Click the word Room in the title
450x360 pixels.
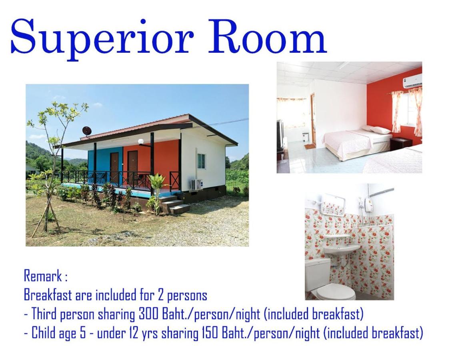tap(268, 36)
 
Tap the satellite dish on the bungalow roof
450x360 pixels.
tap(87, 131)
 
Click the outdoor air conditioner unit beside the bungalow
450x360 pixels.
tap(196, 184)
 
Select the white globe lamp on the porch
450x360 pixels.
tap(141, 142)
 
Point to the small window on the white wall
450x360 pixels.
tap(201, 161)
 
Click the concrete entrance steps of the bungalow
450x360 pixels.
tap(173, 204)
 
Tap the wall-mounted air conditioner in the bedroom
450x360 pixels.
tap(412, 81)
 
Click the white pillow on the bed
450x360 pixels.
tap(380, 130)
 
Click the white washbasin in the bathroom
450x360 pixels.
tap(342, 250)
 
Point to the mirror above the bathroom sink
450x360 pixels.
tap(333, 204)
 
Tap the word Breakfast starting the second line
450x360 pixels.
tap(48, 295)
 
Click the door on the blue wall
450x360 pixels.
tap(114, 169)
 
